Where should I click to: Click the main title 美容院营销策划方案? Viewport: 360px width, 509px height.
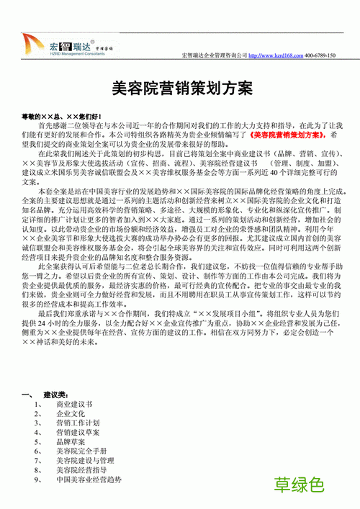(184, 88)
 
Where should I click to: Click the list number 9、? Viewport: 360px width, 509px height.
(38, 479)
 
